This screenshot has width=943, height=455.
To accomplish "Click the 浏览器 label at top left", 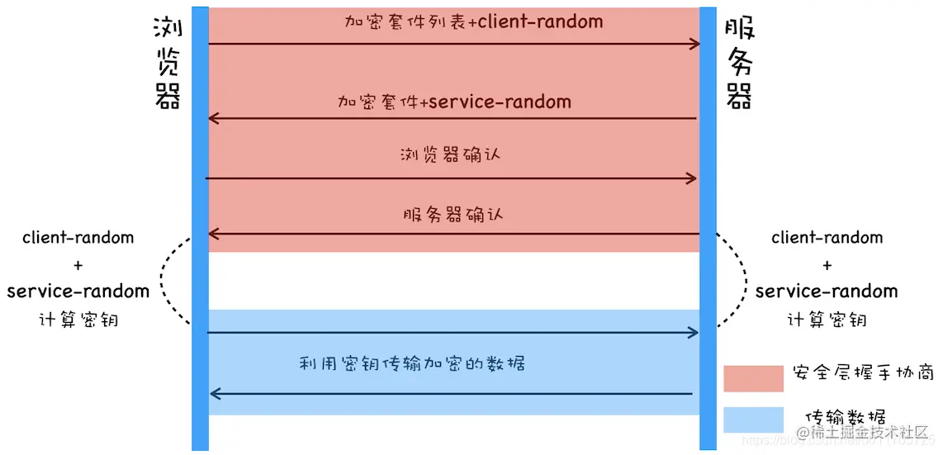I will [168, 64].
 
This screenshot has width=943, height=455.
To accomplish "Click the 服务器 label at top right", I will [738, 64].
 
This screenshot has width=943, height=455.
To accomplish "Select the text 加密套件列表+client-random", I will [473, 21].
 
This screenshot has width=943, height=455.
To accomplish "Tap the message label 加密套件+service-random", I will [454, 102].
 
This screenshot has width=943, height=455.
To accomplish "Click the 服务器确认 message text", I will [453, 215].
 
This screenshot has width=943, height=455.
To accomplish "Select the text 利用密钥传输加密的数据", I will [412, 363].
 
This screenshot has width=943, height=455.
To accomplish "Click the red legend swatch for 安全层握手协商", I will [752, 378].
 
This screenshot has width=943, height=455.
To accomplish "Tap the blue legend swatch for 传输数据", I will [752, 419].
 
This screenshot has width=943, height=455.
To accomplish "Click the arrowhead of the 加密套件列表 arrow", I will [695, 44].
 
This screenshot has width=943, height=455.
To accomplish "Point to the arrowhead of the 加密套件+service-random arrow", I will [213, 118].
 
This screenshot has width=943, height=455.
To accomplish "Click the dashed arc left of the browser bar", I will [163, 281].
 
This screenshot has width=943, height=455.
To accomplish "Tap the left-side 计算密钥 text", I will [78, 320].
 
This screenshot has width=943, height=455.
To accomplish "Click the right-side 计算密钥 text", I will [827, 320].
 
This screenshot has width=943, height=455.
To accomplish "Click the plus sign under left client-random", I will [78, 265].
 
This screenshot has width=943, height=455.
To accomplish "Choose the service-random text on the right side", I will [827, 291].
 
